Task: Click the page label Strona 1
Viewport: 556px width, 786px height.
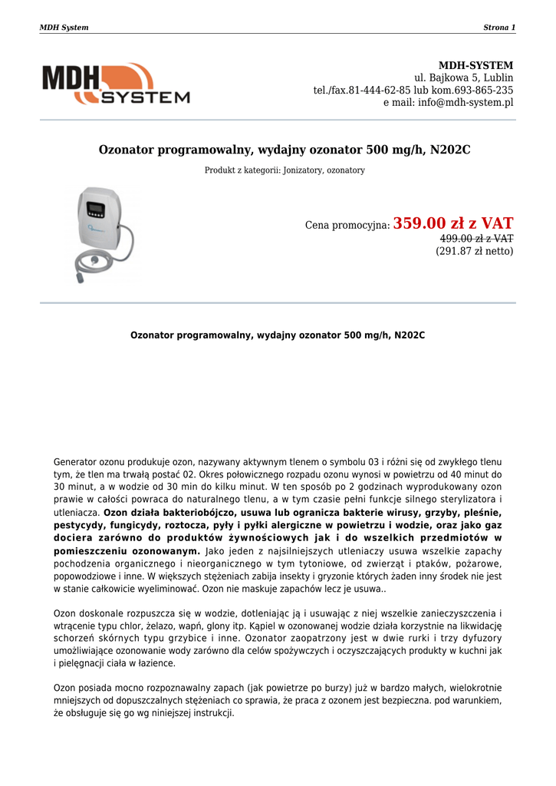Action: (x=498, y=28)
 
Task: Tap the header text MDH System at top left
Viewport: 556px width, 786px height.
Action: (x=64, y=28)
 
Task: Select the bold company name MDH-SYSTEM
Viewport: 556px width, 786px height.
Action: (x=475, y=65)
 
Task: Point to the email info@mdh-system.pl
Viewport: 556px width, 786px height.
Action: (x=466, y=102)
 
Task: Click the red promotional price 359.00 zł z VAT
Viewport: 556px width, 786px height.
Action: (x=453, y=223)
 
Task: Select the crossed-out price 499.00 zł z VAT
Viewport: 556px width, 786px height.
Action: (x=476, y=239)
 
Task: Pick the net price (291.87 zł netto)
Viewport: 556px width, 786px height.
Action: (x=475, y=251)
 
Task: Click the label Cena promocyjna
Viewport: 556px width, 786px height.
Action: (x=347, y=226)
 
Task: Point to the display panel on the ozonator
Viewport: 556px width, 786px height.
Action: (x=96, y=210)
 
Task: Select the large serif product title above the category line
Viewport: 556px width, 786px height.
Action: (x=285, y=150)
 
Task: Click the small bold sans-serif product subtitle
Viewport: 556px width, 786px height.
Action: (x=278, y=335)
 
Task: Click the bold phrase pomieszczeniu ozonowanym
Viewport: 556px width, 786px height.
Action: (x=127, y=551)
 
